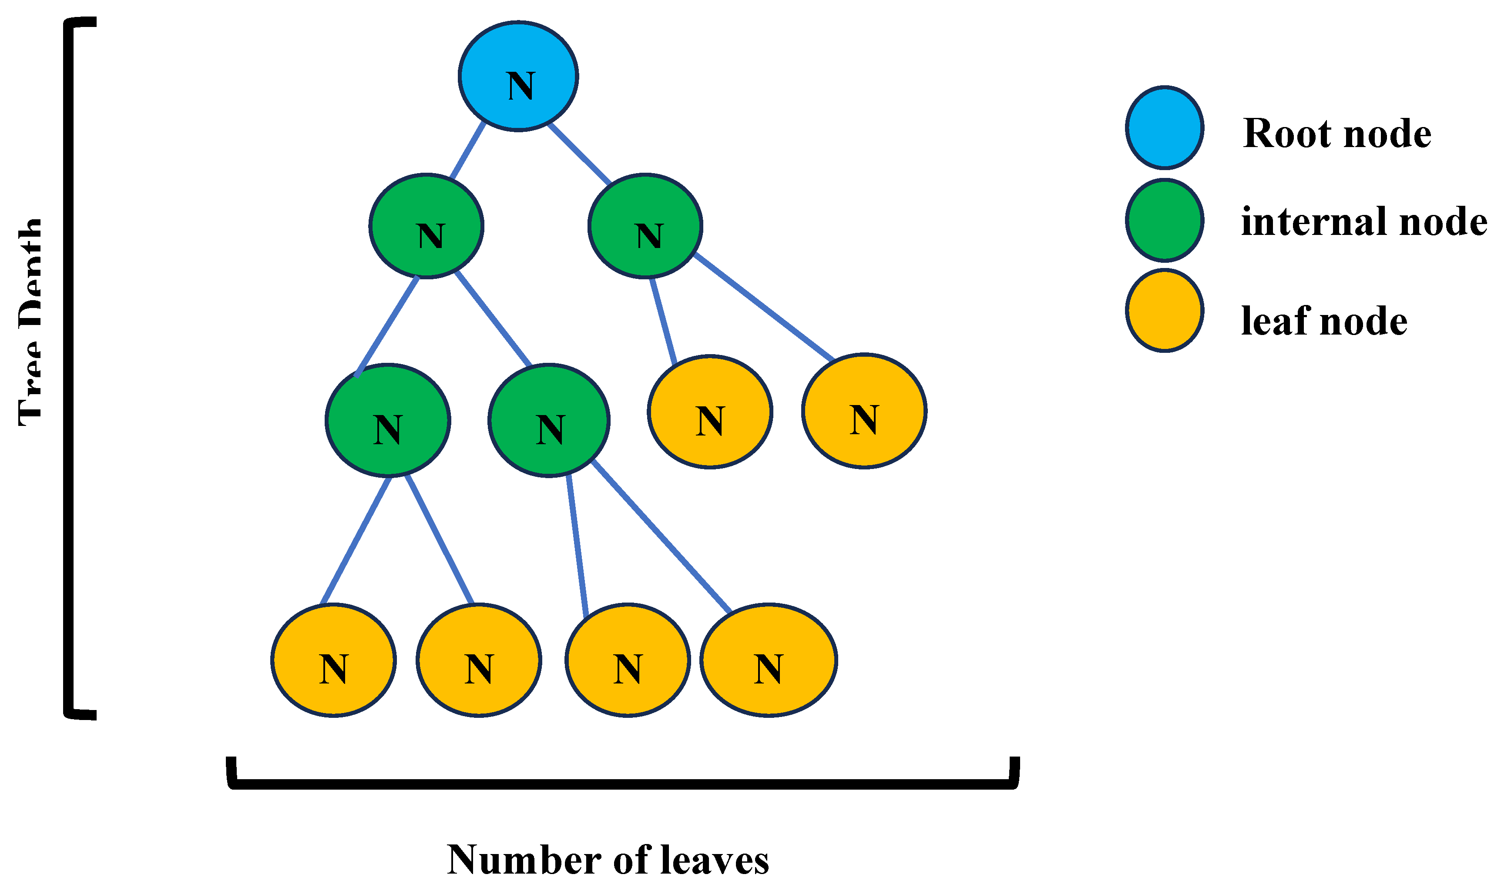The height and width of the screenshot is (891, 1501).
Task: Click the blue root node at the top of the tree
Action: click(x=518, y=76)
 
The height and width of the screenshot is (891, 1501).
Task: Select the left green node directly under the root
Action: click(x=426, y=226)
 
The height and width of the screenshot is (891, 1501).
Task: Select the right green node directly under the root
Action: click(x=645, y=226)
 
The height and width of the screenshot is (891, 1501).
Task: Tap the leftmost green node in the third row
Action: click(x=388, y=420)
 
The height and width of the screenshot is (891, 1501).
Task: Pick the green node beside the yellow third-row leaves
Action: click(x=549, y=420)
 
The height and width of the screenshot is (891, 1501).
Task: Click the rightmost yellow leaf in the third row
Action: click(x=864, y=411)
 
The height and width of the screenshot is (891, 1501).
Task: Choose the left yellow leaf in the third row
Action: click(x=710, y=412)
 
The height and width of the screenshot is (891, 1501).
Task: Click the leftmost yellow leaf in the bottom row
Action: click(x=333, y=660)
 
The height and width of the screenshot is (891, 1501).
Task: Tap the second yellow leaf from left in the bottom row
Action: click(x=479, y=660)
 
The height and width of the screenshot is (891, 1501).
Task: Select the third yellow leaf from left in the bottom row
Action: click(x=628, y=660)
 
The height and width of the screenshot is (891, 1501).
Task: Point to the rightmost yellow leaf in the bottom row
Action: click(x=769, y=660)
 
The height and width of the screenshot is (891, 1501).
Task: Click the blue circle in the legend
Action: click(x=1164, y=127)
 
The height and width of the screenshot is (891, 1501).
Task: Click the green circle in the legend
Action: click(x=1164, y=220)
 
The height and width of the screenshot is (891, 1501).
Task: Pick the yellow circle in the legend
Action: click(x=1164, y=310)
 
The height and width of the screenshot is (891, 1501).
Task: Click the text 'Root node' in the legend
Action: click(x=1336, y=133)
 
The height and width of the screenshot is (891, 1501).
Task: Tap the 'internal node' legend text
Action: click(x=1363, y=221)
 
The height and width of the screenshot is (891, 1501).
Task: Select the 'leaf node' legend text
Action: click(x=1324, y=321)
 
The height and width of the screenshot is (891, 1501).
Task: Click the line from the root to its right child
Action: click(x=579, y=154)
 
